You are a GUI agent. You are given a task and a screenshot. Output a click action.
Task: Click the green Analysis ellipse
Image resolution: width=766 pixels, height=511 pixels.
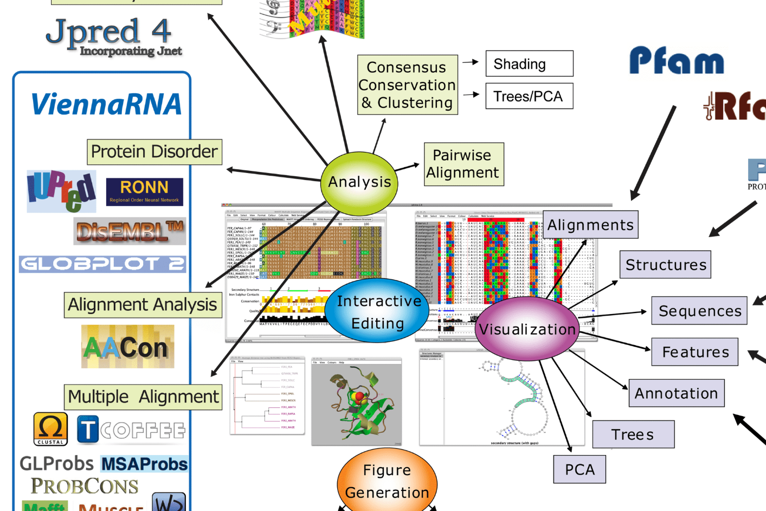pyautogui.click(x=359, y=182)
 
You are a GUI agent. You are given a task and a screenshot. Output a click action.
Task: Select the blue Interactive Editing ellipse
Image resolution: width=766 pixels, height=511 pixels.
pyautogui.click(x=378, y=311)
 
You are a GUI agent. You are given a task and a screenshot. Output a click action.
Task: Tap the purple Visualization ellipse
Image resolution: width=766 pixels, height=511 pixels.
pyautogui.click(x=527, y=329)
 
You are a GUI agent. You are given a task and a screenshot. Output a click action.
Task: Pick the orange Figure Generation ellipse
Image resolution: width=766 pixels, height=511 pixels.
pyautogui.click(x=387, y=481)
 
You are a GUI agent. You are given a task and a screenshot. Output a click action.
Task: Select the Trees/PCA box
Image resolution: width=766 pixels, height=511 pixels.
pyautogui.click(x=529, y=97)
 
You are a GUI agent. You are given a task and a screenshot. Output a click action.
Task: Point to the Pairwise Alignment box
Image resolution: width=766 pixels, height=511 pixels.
pyautogui.click(x=464, y=164)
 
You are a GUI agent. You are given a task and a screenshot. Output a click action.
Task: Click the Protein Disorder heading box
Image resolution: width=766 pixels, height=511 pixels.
pyautogui.click(x=155, y=152)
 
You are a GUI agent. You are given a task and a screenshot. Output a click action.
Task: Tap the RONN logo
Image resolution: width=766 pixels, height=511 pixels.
pyautogui.click(x=144, y=191)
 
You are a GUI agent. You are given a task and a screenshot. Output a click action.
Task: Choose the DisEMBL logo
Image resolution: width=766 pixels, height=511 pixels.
pyautogui.click(x=130, y=232)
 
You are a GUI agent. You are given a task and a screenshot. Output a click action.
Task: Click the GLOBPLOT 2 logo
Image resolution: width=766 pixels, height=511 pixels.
pyautogui.click(x=102, y=264)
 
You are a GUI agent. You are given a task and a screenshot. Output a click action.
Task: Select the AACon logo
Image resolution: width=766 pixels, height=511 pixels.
pyautogui.click(x=127, y=347)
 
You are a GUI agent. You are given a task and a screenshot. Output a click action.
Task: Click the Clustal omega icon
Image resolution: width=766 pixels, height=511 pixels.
pyautogui.click(x=50, y=429)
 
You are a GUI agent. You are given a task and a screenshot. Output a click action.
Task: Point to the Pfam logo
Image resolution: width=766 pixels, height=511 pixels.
pyautogui.click(x=676, y=61)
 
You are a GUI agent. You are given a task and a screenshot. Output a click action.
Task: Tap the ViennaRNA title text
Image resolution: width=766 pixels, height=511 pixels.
pyautogui.click(x=106, y=104)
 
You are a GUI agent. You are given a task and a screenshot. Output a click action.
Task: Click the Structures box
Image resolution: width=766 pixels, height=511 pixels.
pyautogui.click(x=665, y=265)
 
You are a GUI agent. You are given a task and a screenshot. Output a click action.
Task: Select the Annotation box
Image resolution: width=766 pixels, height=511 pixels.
pyautogui.click(x=676, y=393)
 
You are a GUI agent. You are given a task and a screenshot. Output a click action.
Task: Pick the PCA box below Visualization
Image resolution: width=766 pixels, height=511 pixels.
pyautogui.click(x=580, y=469)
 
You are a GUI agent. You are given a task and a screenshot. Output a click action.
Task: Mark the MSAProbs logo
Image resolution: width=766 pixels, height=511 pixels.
pyautogui.click(x=144, y=464)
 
